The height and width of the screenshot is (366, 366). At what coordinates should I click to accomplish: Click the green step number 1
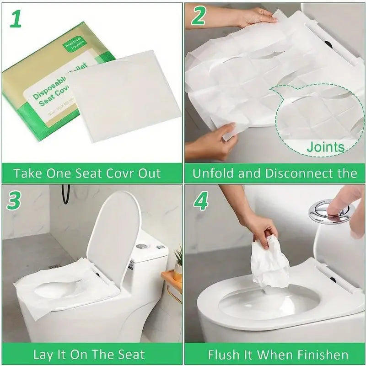[x=16, y=19]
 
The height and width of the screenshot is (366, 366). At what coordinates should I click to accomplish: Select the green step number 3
[x=15, y=202]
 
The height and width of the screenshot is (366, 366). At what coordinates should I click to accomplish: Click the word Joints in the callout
[x=325, y=147]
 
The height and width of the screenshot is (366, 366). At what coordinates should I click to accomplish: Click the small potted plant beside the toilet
[x=178, y=258]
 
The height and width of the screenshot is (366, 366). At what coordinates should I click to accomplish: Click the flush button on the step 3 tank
[x=141, y=246]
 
